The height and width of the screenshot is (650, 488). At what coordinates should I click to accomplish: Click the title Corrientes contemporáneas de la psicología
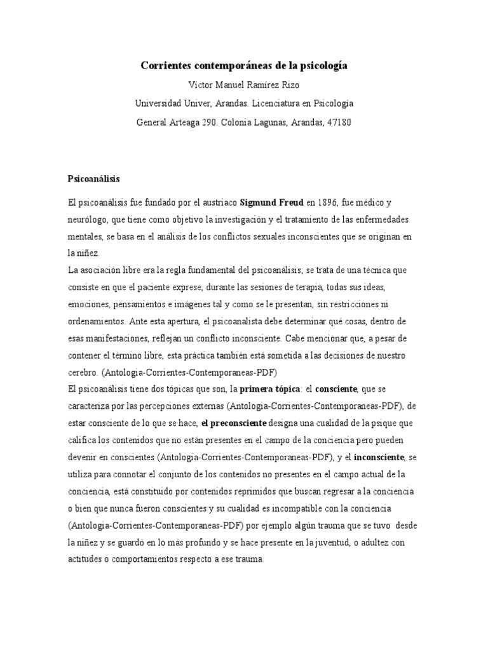click(x=244, y=65)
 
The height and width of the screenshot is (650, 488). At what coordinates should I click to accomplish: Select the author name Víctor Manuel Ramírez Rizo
click(x=244, y=84)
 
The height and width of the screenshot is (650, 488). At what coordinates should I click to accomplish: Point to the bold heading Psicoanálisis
click(x=94, y=179)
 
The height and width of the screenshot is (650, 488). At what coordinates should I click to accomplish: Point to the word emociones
click(x=89, y=303)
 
